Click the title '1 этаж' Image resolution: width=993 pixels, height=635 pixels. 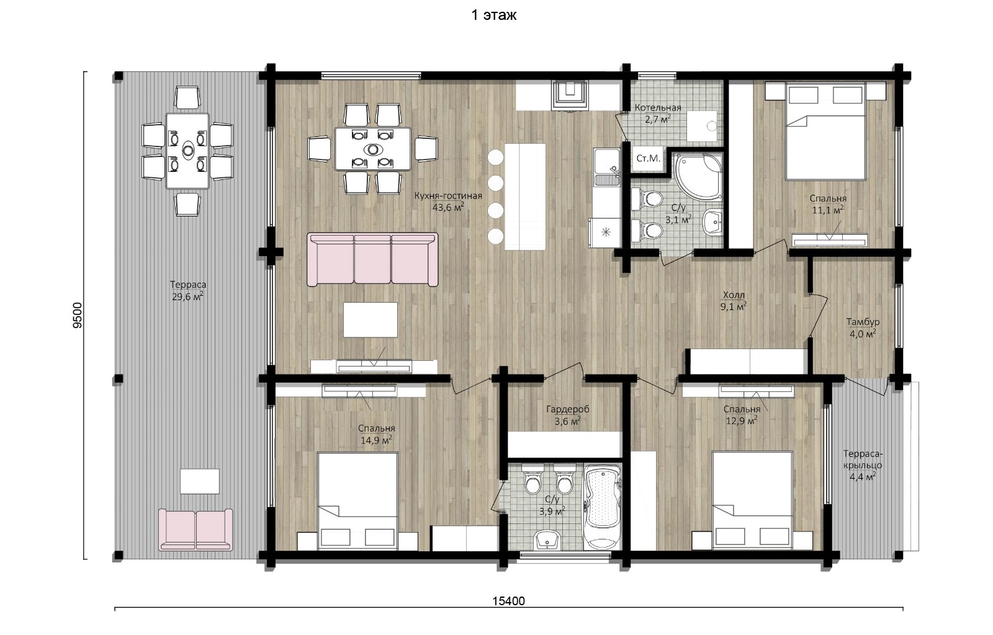(x=494, y=16)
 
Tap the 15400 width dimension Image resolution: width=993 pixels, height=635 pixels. (x=508, y=601)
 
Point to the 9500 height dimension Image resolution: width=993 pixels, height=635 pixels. (x=78, y=315)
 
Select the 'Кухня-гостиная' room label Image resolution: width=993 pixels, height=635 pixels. (x=448, y=196)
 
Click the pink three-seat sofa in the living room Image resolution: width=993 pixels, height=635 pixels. (x=372, y=259)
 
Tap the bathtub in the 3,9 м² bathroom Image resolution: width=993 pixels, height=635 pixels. (x=602, y=507)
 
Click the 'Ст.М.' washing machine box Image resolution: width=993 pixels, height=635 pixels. (x=648, y=159)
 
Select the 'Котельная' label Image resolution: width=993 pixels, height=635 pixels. (x=658, y=108)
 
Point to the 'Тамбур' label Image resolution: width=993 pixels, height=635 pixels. (x=863, y=322)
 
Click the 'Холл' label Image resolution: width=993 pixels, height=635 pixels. (x=734, y=295)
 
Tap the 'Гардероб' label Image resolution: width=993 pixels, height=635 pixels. (x=568, y=409)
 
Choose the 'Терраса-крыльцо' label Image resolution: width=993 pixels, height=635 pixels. (x=863, y=460)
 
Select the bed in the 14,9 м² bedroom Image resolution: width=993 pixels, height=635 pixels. (x=357, y=501)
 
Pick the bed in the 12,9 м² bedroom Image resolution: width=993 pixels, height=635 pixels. (x=752, y=501)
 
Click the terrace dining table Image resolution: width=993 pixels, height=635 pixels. (x=187, y=151)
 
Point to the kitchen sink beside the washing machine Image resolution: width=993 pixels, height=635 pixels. (x=607, y=167)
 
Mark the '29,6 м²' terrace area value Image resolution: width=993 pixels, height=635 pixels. (x=187, y=296)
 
